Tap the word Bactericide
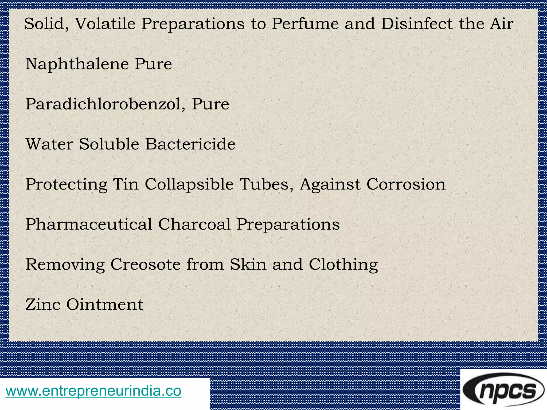(x=190, y=144)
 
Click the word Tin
(x=126, y=184)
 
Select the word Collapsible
(x=189, y=185)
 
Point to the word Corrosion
(x=406, y=184)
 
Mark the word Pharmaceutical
(x=89, y=224)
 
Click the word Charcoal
(x=194, y=224)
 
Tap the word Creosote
(x=146, y=264)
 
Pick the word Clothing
(x=343, y=265)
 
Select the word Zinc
(x=43, y=304)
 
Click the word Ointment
(x=105, y=304)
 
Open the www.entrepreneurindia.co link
(x=93, y=391)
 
